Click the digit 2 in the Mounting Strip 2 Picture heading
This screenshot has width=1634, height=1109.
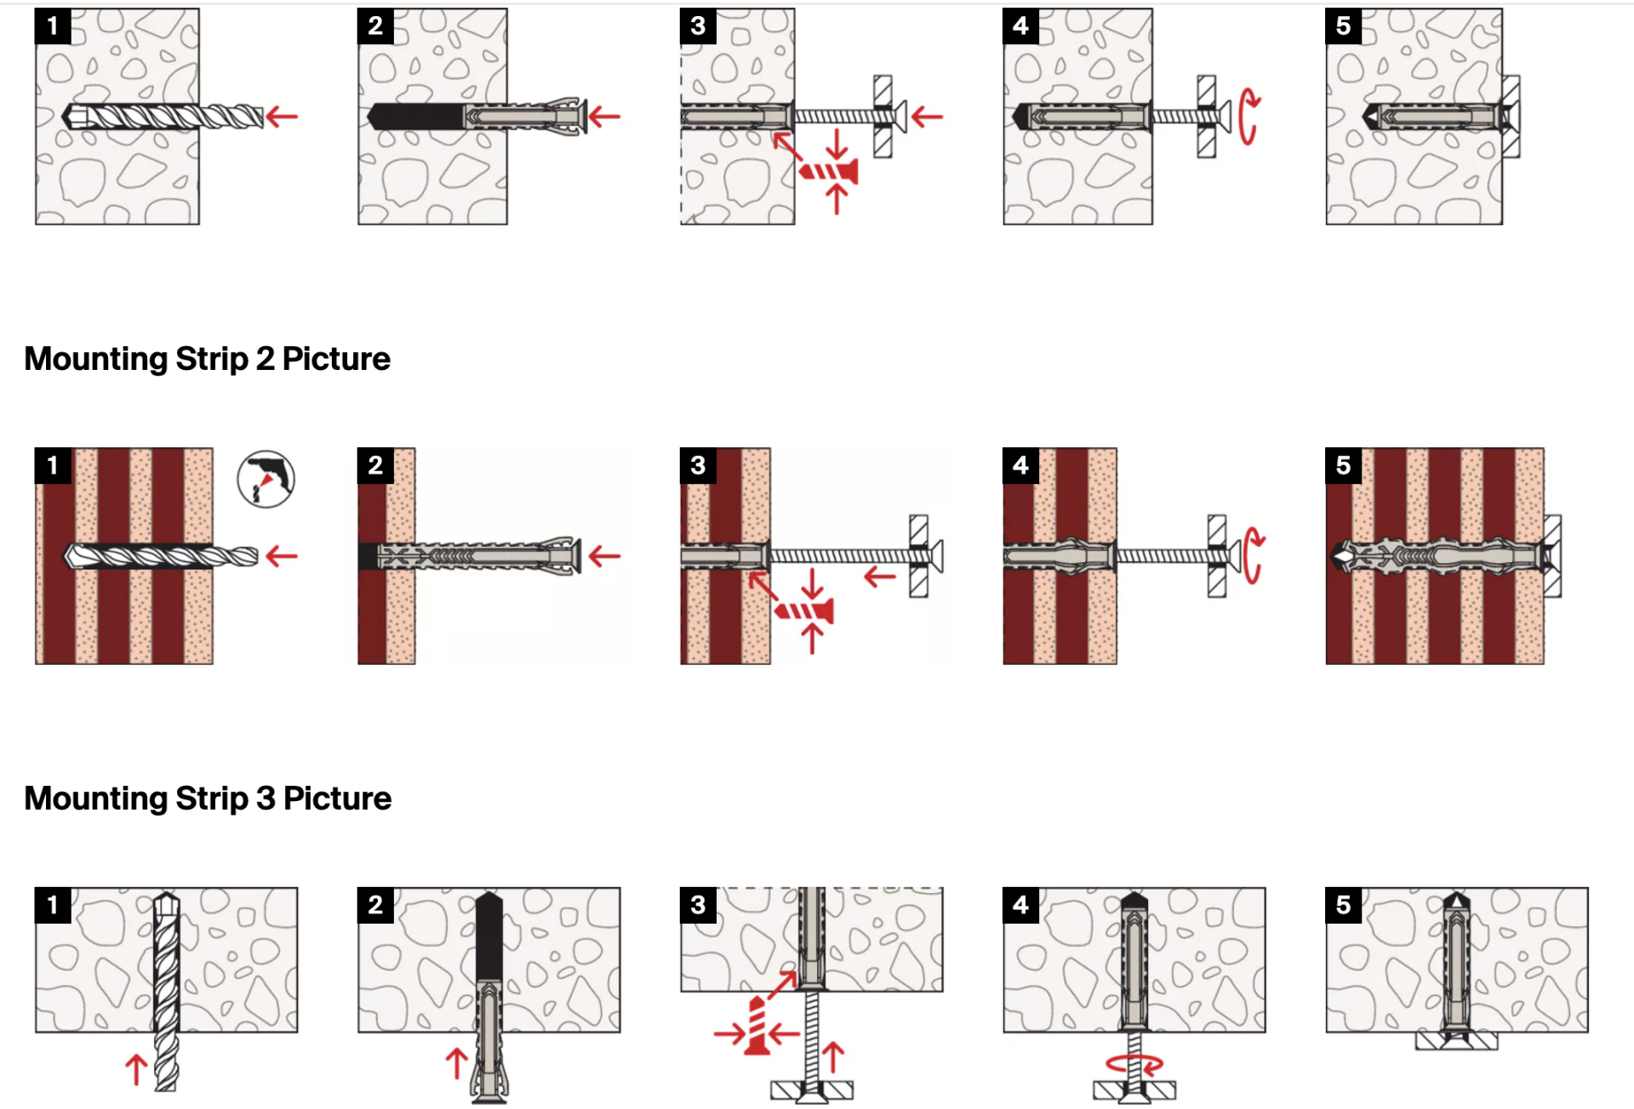265,359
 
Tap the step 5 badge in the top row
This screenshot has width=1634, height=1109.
1343,26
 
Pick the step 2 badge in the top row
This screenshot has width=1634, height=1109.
375,26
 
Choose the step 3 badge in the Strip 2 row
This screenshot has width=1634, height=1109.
698,466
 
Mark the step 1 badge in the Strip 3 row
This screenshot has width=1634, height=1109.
53,905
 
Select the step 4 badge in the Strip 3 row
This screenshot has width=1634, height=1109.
1020,905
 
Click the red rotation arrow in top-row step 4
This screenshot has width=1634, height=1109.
1244,117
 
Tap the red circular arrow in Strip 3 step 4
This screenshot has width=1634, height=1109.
1134,1064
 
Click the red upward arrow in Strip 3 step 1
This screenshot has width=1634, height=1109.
136,1068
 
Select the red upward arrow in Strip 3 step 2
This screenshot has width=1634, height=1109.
457,1063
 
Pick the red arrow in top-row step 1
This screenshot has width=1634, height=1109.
282,117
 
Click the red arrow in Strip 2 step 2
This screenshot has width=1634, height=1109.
604,557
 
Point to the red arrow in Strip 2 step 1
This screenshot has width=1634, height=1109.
282,557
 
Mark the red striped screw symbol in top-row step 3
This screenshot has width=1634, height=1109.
828,173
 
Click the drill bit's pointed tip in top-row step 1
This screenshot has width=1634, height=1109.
64,117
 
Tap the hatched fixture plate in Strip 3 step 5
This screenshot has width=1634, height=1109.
1456,1041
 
